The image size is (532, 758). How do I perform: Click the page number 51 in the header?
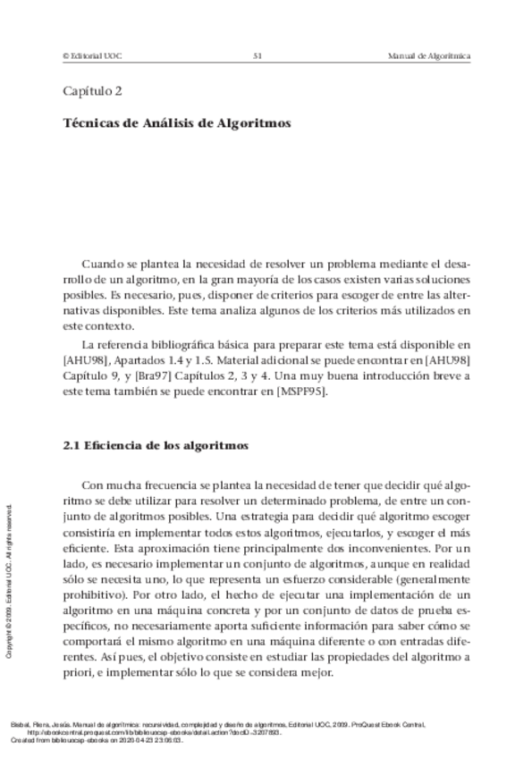257,56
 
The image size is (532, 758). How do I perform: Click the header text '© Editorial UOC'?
92,56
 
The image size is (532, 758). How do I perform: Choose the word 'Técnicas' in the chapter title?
94,124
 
